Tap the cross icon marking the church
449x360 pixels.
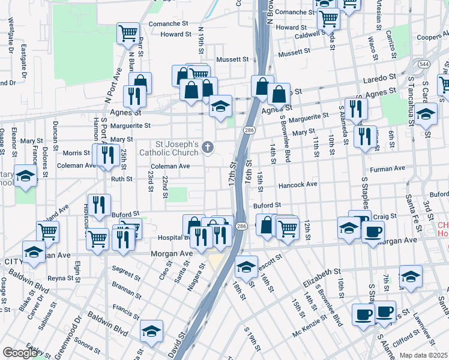tap(208, 146)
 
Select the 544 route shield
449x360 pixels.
tap(424, 64)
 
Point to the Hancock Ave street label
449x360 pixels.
tap(298, 185)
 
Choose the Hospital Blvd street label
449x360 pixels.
tap(173, 238)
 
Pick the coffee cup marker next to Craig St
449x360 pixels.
tap(373, 232)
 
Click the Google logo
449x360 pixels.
tap(20, 353)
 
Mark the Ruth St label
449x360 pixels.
tap(121, 179)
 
